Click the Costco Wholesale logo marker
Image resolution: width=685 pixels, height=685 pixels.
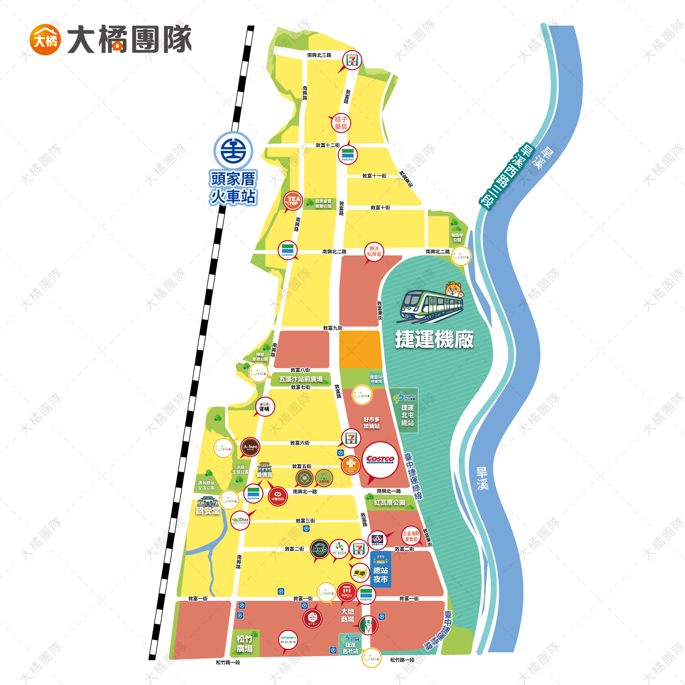[x=380, y=460]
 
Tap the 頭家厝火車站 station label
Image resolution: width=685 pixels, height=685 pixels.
[x=233, y=188]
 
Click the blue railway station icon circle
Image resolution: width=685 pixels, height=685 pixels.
[x=233, y=151]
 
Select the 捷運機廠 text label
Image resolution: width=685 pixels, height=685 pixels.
[x=434, y=339]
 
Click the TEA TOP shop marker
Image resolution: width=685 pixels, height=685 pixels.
[x=293, y=201]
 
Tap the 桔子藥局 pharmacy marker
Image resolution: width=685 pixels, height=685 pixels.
[x=341, y=123]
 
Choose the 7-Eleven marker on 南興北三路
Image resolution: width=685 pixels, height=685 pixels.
[x=352, y=60]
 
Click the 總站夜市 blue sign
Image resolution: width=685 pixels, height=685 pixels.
[x=381, y=570]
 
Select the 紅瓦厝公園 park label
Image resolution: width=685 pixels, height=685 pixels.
[x=389, y=502]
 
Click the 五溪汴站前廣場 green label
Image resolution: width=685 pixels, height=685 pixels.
[x=301, y=379]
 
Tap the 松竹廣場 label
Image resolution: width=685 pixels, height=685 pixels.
[x=245, y=643]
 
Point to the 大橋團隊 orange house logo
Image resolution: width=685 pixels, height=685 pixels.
[x=45, y=40]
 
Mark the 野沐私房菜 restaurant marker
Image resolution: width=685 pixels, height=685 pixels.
[x=374, y=251]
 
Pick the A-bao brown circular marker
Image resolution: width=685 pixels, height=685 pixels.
[x=250, y=447]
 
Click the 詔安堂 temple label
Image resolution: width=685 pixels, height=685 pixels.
[x=207, y=511]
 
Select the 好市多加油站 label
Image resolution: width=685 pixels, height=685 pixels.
[x=371, y=423]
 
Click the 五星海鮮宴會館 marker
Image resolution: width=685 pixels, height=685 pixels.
[x=411, y=536]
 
